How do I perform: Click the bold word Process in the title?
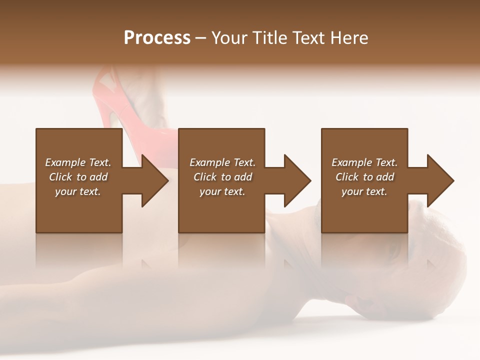point(157,38)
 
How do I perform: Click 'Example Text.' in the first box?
point(78,162)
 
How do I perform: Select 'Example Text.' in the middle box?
point(222,162)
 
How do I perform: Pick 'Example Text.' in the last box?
point(364,162)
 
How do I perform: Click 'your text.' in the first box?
point(78,191)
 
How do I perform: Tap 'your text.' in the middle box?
point(222,191)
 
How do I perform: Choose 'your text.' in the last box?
point(364,191)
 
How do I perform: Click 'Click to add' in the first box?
point(78,177)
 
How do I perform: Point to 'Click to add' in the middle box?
point(222,177)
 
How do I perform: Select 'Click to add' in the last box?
point(364,177)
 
